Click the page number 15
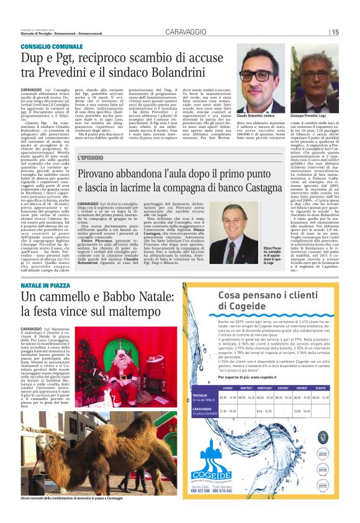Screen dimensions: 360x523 [335, 32]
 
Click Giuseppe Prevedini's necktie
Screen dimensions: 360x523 [317, 103]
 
